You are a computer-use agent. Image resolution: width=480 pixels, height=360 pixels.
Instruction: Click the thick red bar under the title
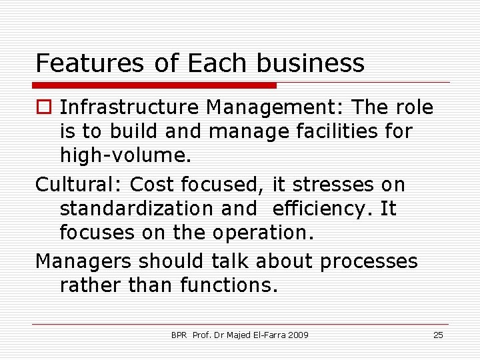pyautogui.click(x=155, y=85)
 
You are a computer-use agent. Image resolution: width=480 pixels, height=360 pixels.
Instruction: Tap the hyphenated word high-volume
pyautogui.click(x=125, y=155)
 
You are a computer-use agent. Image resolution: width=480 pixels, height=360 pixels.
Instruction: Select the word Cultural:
pyautogui.click(x=79, y=184)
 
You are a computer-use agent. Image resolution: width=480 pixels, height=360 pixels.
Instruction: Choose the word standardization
pyautogui.click(x=137, y=209)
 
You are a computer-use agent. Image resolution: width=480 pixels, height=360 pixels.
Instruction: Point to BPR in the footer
pyautogui.click(x=179, y=335)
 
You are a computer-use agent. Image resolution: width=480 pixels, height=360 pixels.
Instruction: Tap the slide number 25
pyautogui.click(x=438, y=335)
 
